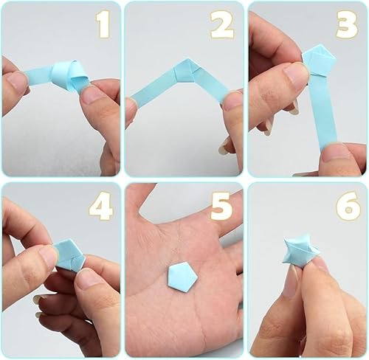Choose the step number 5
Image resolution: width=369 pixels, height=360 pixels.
221,207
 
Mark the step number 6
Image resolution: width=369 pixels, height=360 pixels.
347,207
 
